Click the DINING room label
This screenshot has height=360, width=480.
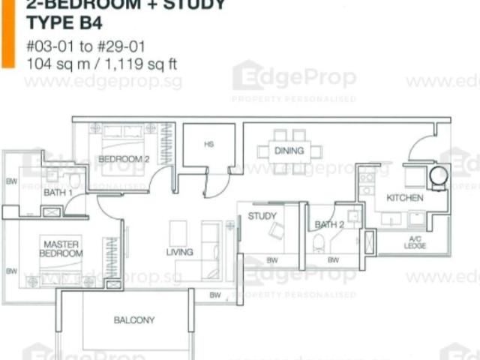coord(289,151)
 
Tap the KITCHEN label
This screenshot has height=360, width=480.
coord(404,198)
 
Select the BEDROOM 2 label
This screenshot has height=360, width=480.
coord(124,159)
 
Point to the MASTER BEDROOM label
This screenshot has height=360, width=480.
coord(62,249)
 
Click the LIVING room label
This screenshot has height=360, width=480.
coord(179,252)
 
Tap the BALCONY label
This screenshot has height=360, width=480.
coord(134,320)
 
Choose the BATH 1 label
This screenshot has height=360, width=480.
coord(58,193)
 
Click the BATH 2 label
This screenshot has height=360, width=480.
coord(329,224)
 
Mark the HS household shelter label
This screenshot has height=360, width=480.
coord(208,144)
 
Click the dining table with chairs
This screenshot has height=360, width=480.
coord(289,151)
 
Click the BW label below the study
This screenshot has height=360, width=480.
coord(272,260)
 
